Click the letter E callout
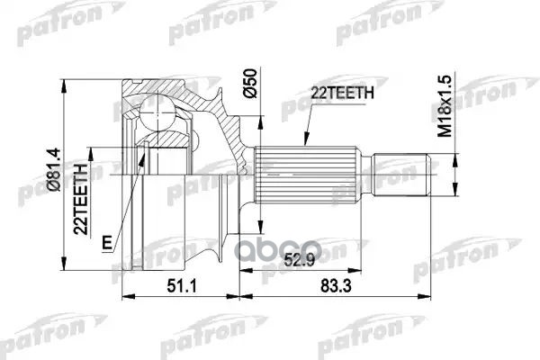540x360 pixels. point(108,241)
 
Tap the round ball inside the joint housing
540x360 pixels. point(158,117)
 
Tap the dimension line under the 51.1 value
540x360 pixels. point(181,294)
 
